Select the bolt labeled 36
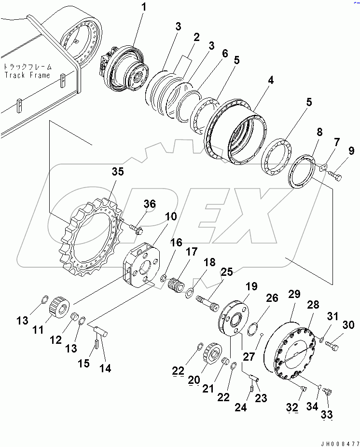tap(136, 229)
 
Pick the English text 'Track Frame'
tap(27, 75)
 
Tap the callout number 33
tap(327, 414)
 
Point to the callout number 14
tap(104, 368)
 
